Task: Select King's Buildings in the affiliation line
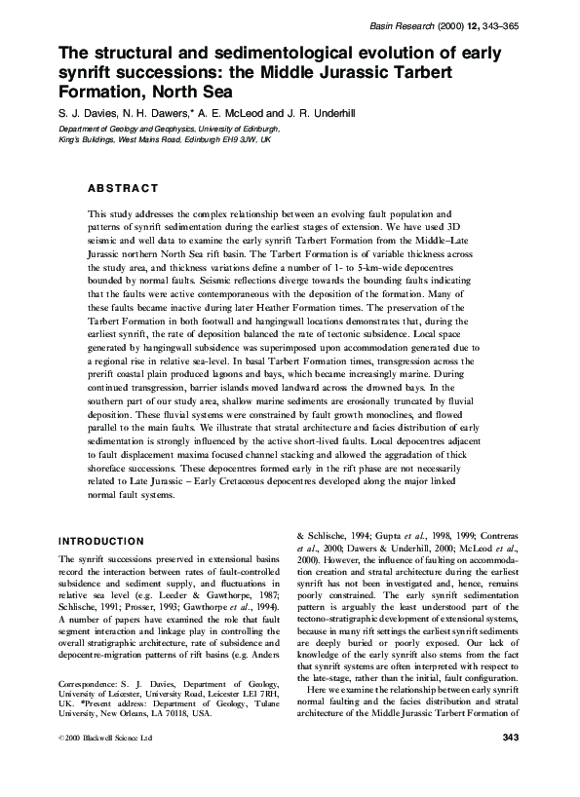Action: click(94, 139)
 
